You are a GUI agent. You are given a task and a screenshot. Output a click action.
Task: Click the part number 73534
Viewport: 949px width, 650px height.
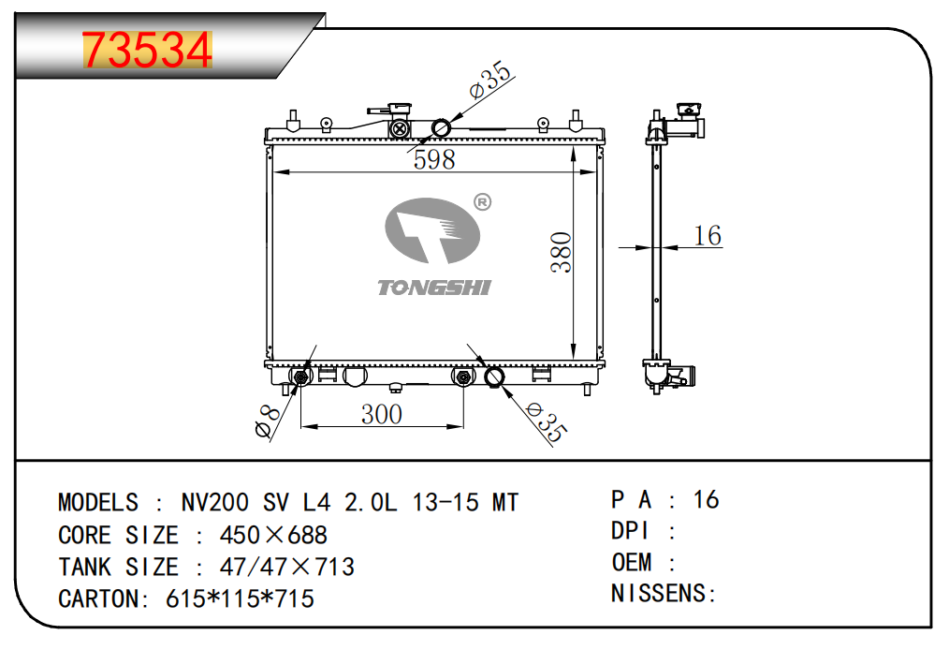[147, 51]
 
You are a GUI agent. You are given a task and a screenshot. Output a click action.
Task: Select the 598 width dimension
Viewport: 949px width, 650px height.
[434, 159]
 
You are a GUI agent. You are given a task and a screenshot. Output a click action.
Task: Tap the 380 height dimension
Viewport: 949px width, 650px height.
[561, 252]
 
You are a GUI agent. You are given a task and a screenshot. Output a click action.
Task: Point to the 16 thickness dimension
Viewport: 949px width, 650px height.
[708, 235]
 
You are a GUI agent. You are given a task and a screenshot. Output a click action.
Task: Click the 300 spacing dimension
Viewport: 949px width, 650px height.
[382, 413]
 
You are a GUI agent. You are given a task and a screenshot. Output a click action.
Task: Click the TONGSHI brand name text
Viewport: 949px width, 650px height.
[433, 288]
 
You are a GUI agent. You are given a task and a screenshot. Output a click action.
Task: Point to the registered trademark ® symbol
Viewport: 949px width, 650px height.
[483, 201]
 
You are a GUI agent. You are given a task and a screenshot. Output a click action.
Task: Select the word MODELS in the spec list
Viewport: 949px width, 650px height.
[98, 503]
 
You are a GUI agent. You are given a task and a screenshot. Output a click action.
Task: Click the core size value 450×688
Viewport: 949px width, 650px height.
[273, 536]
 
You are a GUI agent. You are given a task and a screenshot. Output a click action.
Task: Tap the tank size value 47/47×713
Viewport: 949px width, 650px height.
[286, 568]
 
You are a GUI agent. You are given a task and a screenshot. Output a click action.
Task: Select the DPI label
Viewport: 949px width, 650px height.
[632, 531]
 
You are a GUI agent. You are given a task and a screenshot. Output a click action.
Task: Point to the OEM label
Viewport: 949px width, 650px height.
[632, 562]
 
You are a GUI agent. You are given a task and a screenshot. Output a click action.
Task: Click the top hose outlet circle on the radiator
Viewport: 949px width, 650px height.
[441, 127]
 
